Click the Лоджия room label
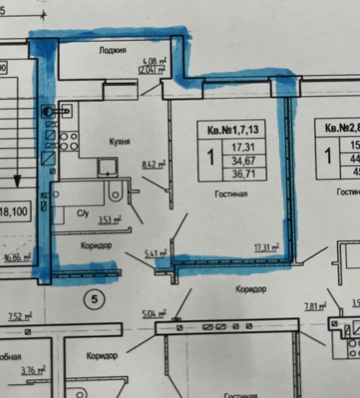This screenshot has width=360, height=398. [x=113, y=51]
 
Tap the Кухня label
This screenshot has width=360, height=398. [x=120, y=142]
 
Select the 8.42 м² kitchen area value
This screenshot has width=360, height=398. [x=154, y=164]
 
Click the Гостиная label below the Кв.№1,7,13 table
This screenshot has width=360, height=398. [x=231, y=194]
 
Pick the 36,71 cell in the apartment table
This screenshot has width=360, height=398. [x=244, y=173]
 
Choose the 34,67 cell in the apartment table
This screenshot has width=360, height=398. [x=244, y=160]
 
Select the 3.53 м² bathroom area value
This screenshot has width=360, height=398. [x=109, y=220]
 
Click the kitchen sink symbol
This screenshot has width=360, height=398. [x=108, y=167]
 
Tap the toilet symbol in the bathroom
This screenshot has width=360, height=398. [x=115, y=191]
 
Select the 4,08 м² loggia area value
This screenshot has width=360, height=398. [x=155, y=61]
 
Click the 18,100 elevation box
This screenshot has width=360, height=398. [x=15, y=212]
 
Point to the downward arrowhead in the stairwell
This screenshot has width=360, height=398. [x=17, y=181]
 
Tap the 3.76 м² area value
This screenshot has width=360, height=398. [x=33, y=370]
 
